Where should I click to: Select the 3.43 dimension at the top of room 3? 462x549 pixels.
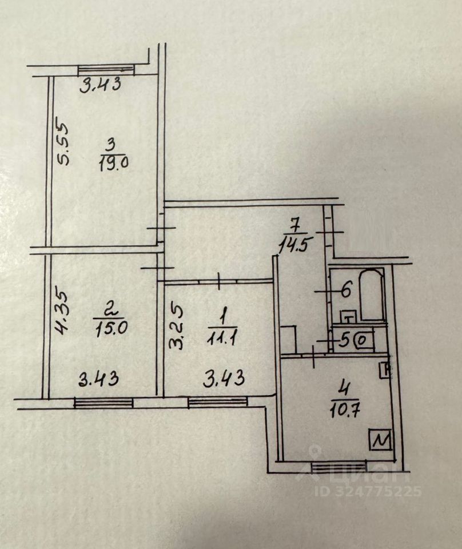point(101,85)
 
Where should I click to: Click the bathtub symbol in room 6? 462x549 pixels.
point(371,295)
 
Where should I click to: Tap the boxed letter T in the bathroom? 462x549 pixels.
point(348,316)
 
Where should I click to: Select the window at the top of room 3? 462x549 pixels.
point(106,69)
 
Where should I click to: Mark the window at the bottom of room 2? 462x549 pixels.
point(103,403)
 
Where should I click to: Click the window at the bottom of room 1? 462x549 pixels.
point(217,403)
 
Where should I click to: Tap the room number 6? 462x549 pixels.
point(345,290)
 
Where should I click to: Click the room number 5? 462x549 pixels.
point(344,341)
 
